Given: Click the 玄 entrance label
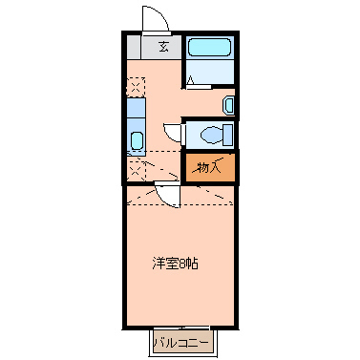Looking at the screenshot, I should [x=163, y=47].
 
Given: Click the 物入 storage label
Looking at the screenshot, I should [x=209, y=167].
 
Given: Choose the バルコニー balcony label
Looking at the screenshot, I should [x=180, y=339].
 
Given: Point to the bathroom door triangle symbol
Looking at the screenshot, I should [x=192, y=82].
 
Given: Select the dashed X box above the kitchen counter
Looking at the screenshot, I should [x=135, y=86].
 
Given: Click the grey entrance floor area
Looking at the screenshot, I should [x=154, y=48].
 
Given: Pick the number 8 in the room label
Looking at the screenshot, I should [x=187, y=261].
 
